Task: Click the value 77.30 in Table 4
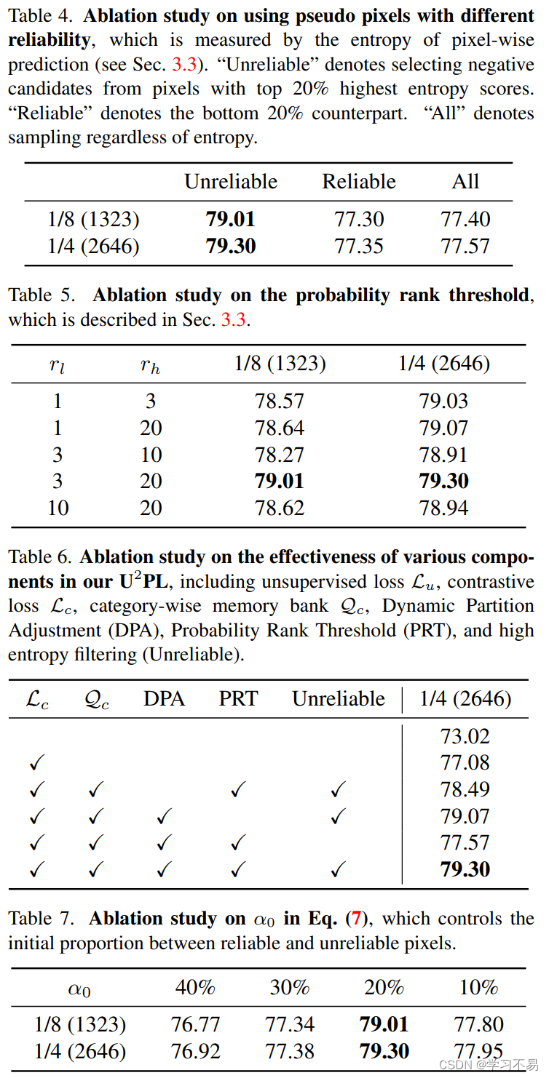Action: tap(359, 219)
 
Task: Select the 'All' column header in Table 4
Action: tap(465, 181)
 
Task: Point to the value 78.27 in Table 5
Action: tap(280, 455)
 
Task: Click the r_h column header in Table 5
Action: tap(151, 365)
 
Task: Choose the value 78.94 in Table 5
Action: tap(443, 507)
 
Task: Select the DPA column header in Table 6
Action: tap(164, 699)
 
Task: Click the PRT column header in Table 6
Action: tap(238, 699)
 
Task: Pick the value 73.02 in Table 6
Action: tap(465, 736)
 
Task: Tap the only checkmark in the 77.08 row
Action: tap(37, 763)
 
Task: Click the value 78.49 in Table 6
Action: tap(465, 789)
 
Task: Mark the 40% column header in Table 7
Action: tap(195, 987)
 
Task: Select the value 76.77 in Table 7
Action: tap(195, 1024)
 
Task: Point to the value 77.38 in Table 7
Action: tap(290, 1051)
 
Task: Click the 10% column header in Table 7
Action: tap(478, 987)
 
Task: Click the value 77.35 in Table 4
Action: tap(359, 246)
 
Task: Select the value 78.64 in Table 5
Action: tap(280, 428)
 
